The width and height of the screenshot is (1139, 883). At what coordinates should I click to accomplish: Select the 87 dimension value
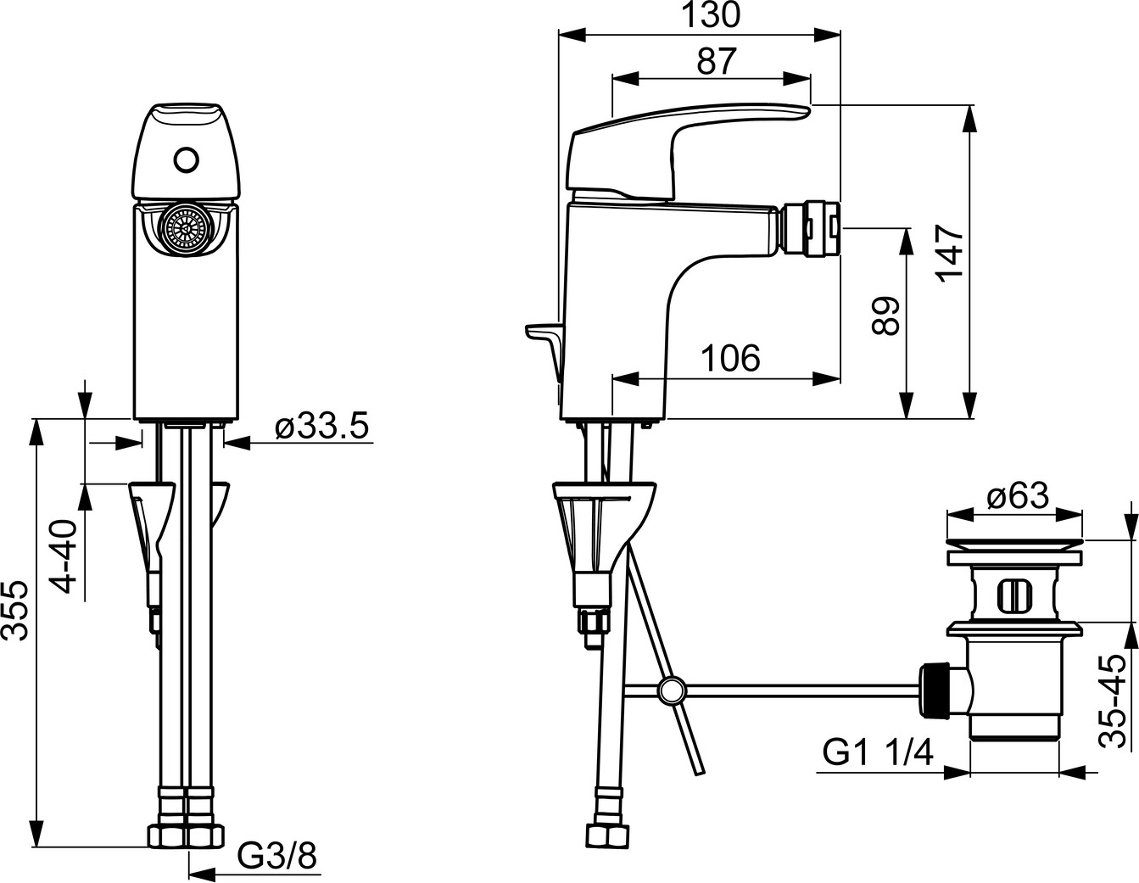717,61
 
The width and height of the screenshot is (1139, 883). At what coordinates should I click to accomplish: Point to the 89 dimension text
885,316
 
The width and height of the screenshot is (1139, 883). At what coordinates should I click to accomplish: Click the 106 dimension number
730,359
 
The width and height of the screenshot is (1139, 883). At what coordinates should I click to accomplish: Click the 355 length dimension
14,610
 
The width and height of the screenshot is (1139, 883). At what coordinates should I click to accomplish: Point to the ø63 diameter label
1019,495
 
